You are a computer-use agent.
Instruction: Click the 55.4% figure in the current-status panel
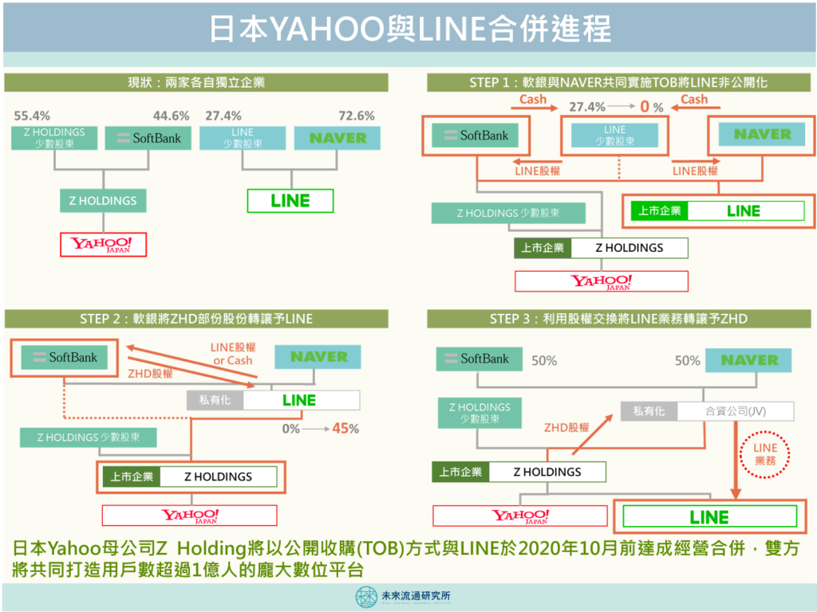click(32, 116)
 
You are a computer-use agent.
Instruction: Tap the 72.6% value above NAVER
click(357, 116)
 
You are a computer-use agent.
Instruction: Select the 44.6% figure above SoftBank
click(171, 116)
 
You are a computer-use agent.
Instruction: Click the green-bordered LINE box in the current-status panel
click(290, 201)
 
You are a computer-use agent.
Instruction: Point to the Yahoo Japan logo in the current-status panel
click(103, 245)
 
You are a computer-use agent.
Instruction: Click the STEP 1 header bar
click(618, 82)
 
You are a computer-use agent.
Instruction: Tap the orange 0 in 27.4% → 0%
click(645, 107)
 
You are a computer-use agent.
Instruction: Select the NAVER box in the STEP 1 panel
click(762, 134)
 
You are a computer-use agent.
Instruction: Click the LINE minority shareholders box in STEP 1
click(615, 135)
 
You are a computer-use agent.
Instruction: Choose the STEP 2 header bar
click(196, 319)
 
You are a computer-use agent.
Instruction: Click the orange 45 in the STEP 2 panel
click(341, 428)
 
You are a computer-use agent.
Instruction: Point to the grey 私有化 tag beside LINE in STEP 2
click(215, 400)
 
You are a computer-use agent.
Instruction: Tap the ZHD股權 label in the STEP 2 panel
click(150, 374)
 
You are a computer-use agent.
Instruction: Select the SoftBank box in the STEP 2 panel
click(64, 358)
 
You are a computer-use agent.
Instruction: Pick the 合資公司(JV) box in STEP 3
click(736, 411)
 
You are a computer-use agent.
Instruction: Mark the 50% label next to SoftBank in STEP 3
click(544, 361)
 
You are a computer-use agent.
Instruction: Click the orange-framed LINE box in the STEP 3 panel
click(709, 516)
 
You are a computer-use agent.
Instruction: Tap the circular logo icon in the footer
click(366, 597)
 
